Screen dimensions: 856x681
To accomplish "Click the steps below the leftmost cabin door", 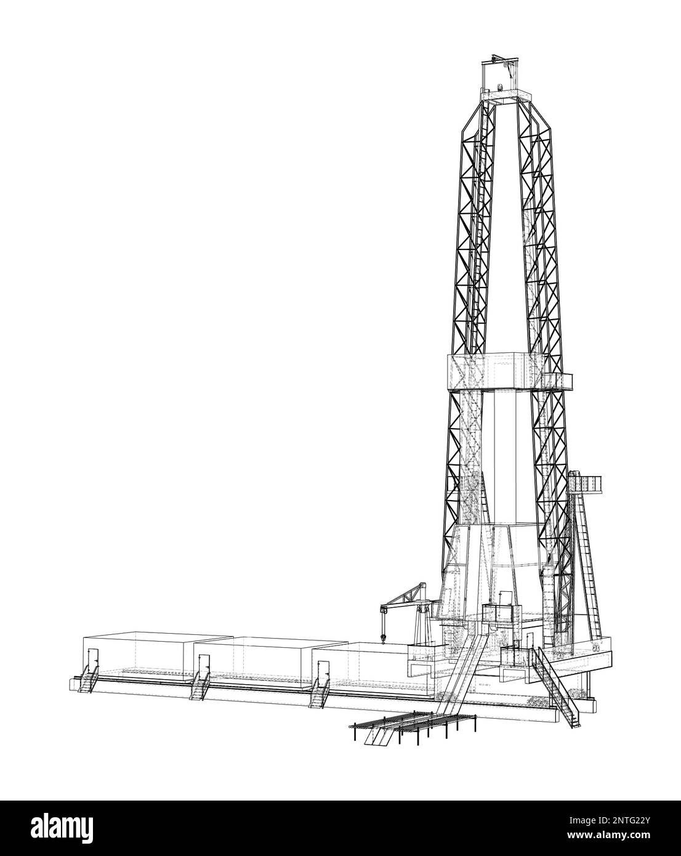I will click(x=87, y=684).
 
